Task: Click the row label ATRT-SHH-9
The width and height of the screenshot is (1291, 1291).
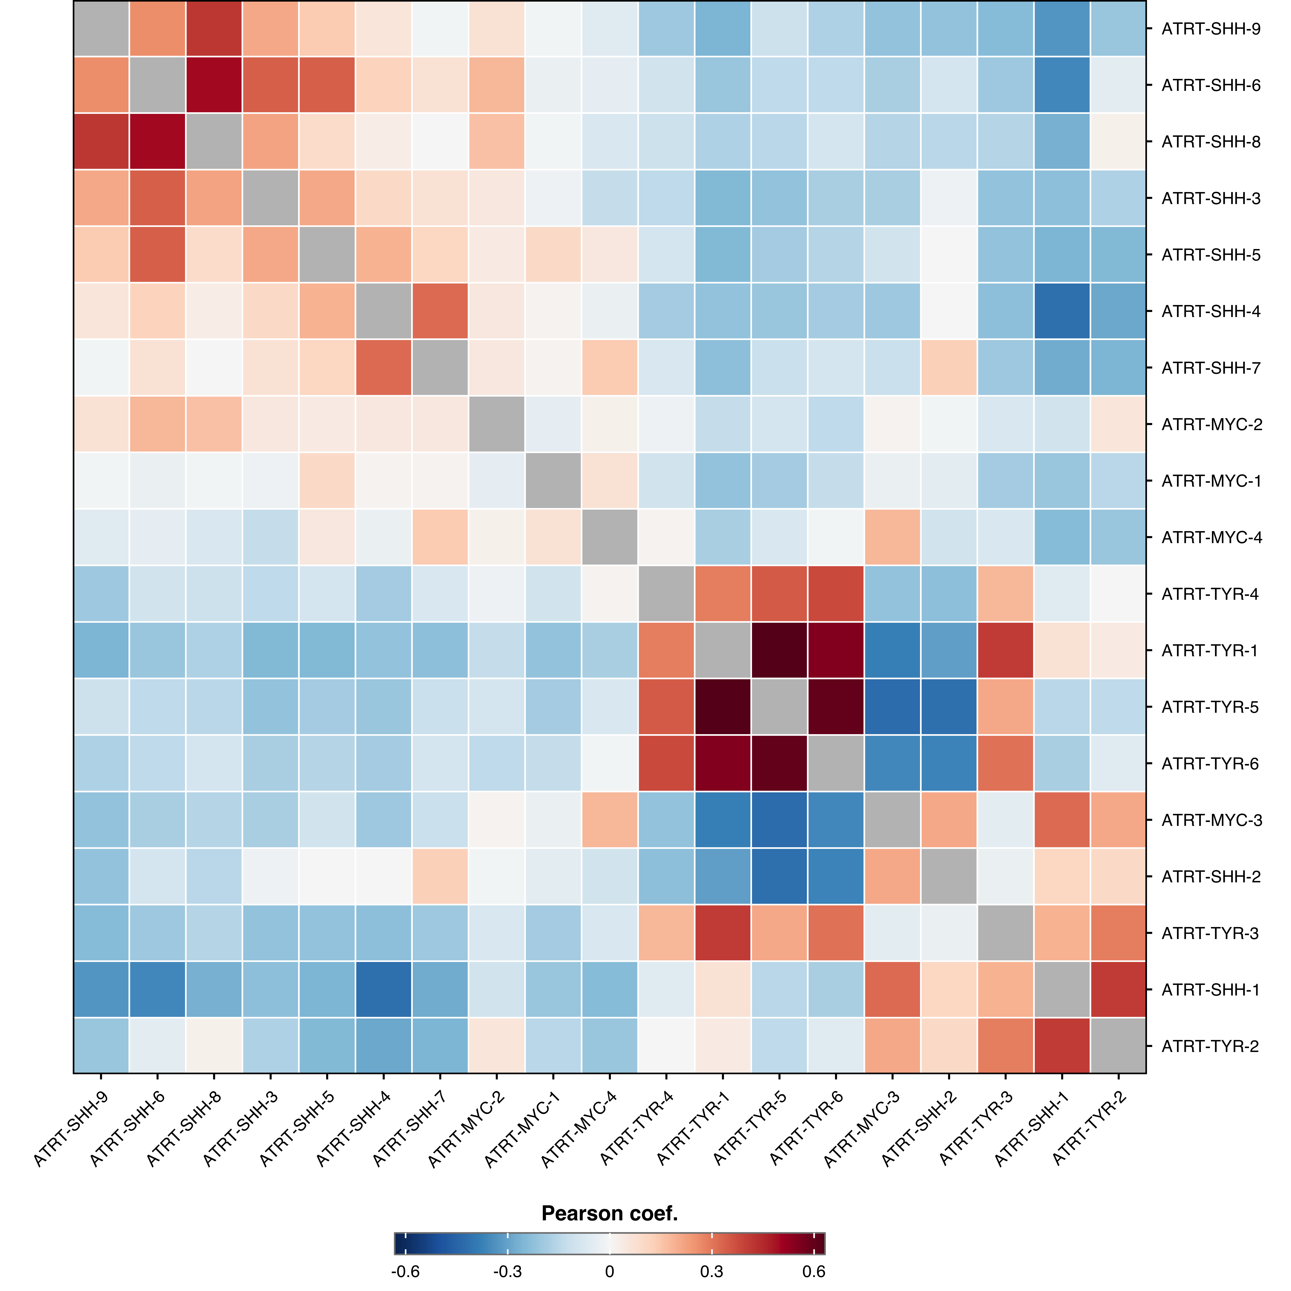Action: pos(1211,29)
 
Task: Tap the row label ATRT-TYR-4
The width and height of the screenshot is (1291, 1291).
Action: pos(1209,594)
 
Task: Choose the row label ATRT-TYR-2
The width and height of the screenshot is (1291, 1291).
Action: pos(1209,1046)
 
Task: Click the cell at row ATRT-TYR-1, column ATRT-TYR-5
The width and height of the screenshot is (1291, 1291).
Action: pos(779,650)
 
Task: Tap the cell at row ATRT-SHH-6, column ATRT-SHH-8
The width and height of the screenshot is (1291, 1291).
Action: pos(214,85)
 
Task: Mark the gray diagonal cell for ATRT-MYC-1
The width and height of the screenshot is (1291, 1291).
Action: pos(553,481)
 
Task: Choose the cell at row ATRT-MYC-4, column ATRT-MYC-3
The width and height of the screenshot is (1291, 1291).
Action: pos(892,537)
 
